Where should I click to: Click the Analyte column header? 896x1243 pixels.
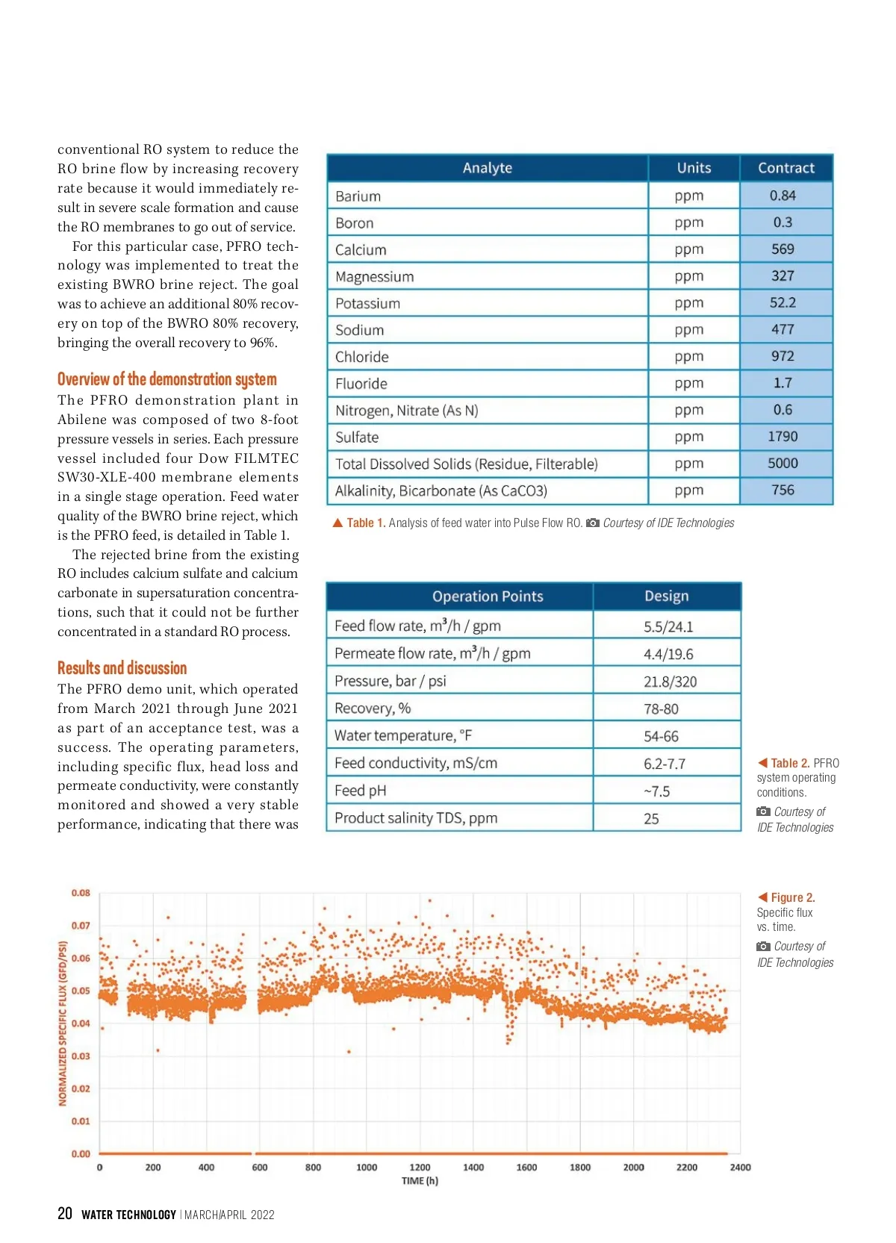click(x=487, y=168)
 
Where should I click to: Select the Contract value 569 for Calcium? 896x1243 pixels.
click(x=783, y=249)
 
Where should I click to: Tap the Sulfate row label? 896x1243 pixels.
click(x=357, y=437)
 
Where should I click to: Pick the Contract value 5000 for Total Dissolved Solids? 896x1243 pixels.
click(x=783, y=464)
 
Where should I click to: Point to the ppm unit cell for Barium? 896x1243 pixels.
click(x=688, y=196)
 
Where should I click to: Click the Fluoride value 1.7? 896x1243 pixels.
click(x=783, y=383)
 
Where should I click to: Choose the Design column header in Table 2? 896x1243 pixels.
click(x=666, y=596)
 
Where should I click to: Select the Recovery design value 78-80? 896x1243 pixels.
click(x=661, y=708)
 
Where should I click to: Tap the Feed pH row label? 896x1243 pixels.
click(x=360, y=791)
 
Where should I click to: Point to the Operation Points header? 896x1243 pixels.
click(x=488, y=596)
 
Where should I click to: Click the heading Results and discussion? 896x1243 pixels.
click(x=122, y=668)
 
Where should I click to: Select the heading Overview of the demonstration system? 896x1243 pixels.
click(x=167, y=379)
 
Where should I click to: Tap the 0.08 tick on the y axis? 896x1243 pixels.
click(x=81, y=893)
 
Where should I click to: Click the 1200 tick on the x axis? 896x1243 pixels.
click(x=420, y=1168)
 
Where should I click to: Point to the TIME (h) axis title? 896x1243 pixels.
click(x=420, y=1181)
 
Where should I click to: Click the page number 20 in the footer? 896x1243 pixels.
click(x=65, y=1214)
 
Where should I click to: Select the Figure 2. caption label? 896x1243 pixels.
click(x=792, y=897)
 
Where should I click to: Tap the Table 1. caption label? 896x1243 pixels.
click(x=366, y=523)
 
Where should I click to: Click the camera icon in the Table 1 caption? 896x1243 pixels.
click(x=593, y=523)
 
